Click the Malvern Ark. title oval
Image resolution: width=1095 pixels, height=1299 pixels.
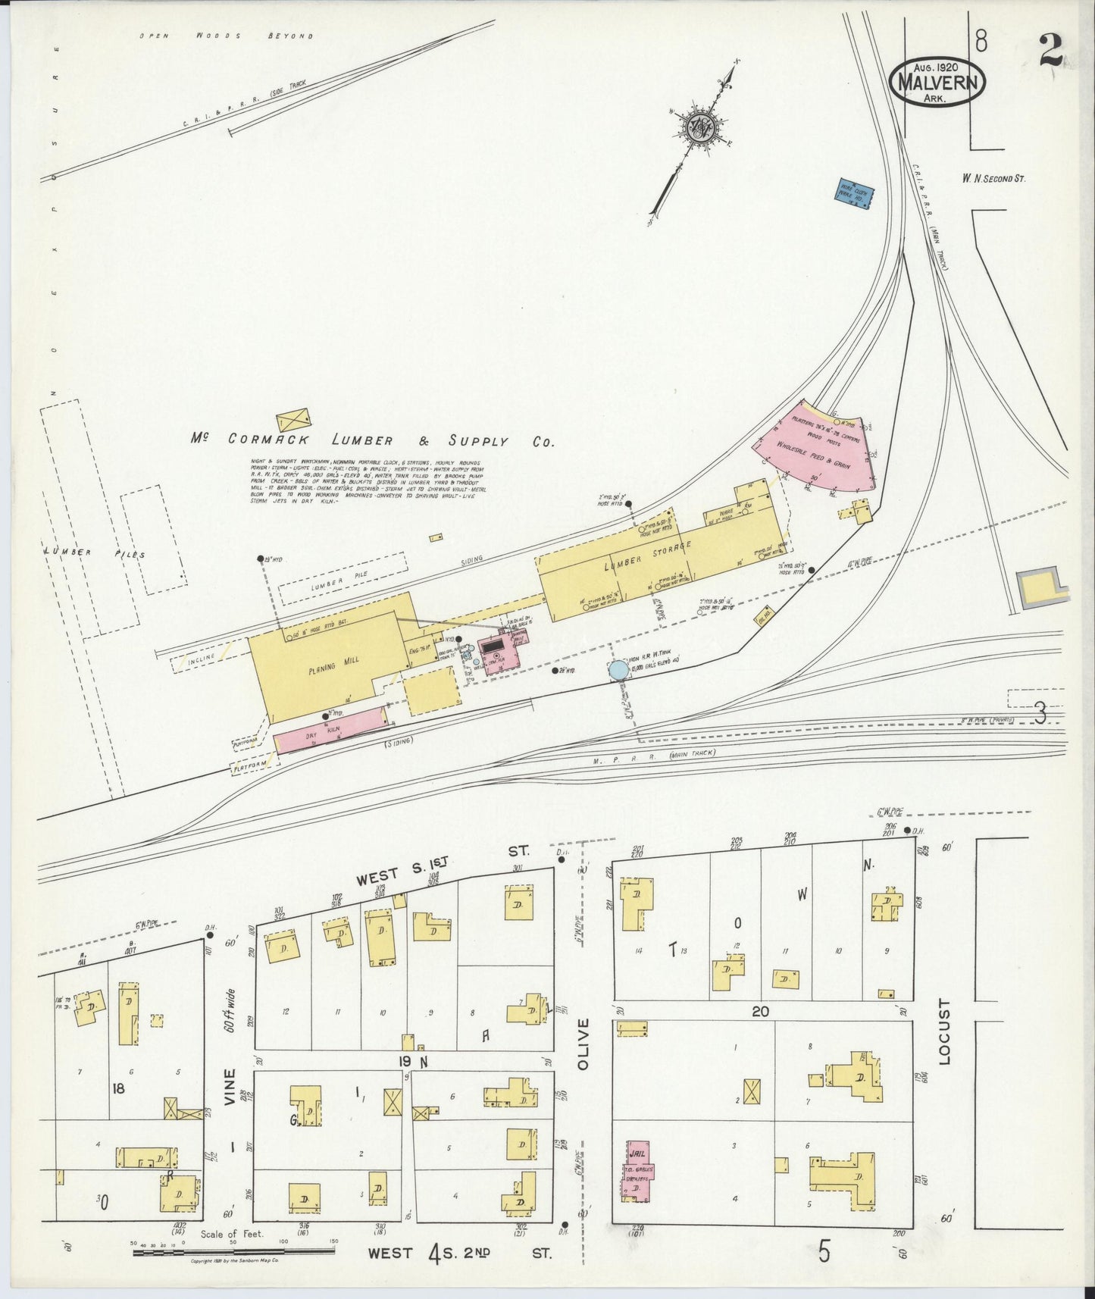(x=937, y=79)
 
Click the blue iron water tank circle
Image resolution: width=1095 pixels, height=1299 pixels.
(x=618, y=670)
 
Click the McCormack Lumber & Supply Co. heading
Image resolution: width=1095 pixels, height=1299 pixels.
(x=372, y=440)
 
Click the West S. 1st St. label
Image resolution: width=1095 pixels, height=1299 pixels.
(x=440, y=869)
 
